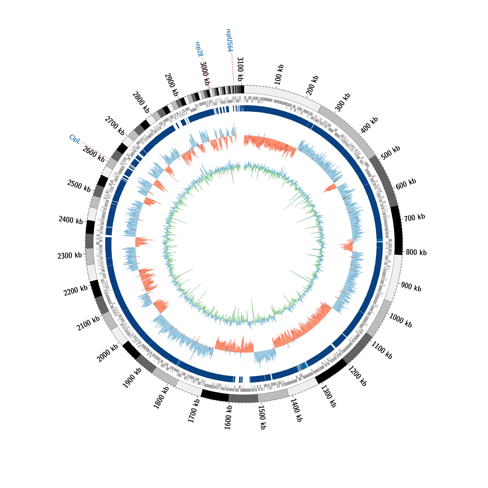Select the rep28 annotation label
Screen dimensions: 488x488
tap(199, 49)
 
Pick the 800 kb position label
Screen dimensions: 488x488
tap(416, 252)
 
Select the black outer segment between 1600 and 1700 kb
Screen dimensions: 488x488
tap(215, 396)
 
